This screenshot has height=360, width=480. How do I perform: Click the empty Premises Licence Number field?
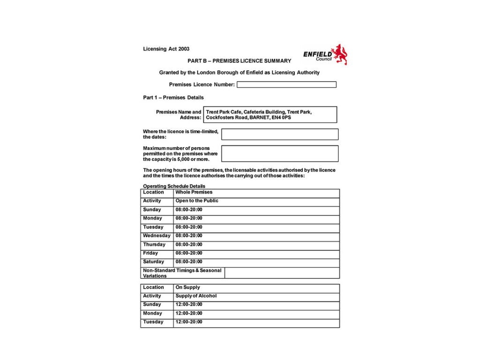coord(286,85)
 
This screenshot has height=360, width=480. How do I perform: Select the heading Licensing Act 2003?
coord(166,49)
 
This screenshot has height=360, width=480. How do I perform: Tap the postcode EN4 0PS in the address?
coord(281,118)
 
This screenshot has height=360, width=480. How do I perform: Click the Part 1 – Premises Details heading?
coord(173,97)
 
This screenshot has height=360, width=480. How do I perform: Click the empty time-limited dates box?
coord(279,135)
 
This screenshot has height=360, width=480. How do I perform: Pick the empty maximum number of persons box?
coord(279,153)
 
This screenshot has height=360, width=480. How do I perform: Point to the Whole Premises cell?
coord(194,192)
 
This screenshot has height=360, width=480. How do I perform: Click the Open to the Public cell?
coord(197,201)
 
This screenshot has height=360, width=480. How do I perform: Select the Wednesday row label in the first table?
coord(157,235)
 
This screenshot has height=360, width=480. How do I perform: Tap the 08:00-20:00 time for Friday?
coord(189,253)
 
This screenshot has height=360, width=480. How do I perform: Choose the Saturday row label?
coord(153,262)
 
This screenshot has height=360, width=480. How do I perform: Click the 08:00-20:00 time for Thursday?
coord(189,244)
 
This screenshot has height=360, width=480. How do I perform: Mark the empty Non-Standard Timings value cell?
coord(282,273)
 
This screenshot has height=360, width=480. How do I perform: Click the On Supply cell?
coord(187,287)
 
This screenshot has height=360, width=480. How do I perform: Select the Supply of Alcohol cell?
coord(196,296)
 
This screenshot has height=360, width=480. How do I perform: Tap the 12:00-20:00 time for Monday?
coord(189,313)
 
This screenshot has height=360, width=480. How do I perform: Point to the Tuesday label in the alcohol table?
coord(153,322)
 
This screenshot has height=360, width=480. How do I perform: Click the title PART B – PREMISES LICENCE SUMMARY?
coord(239,61)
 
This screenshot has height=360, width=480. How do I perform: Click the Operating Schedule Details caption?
coord(174,186)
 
